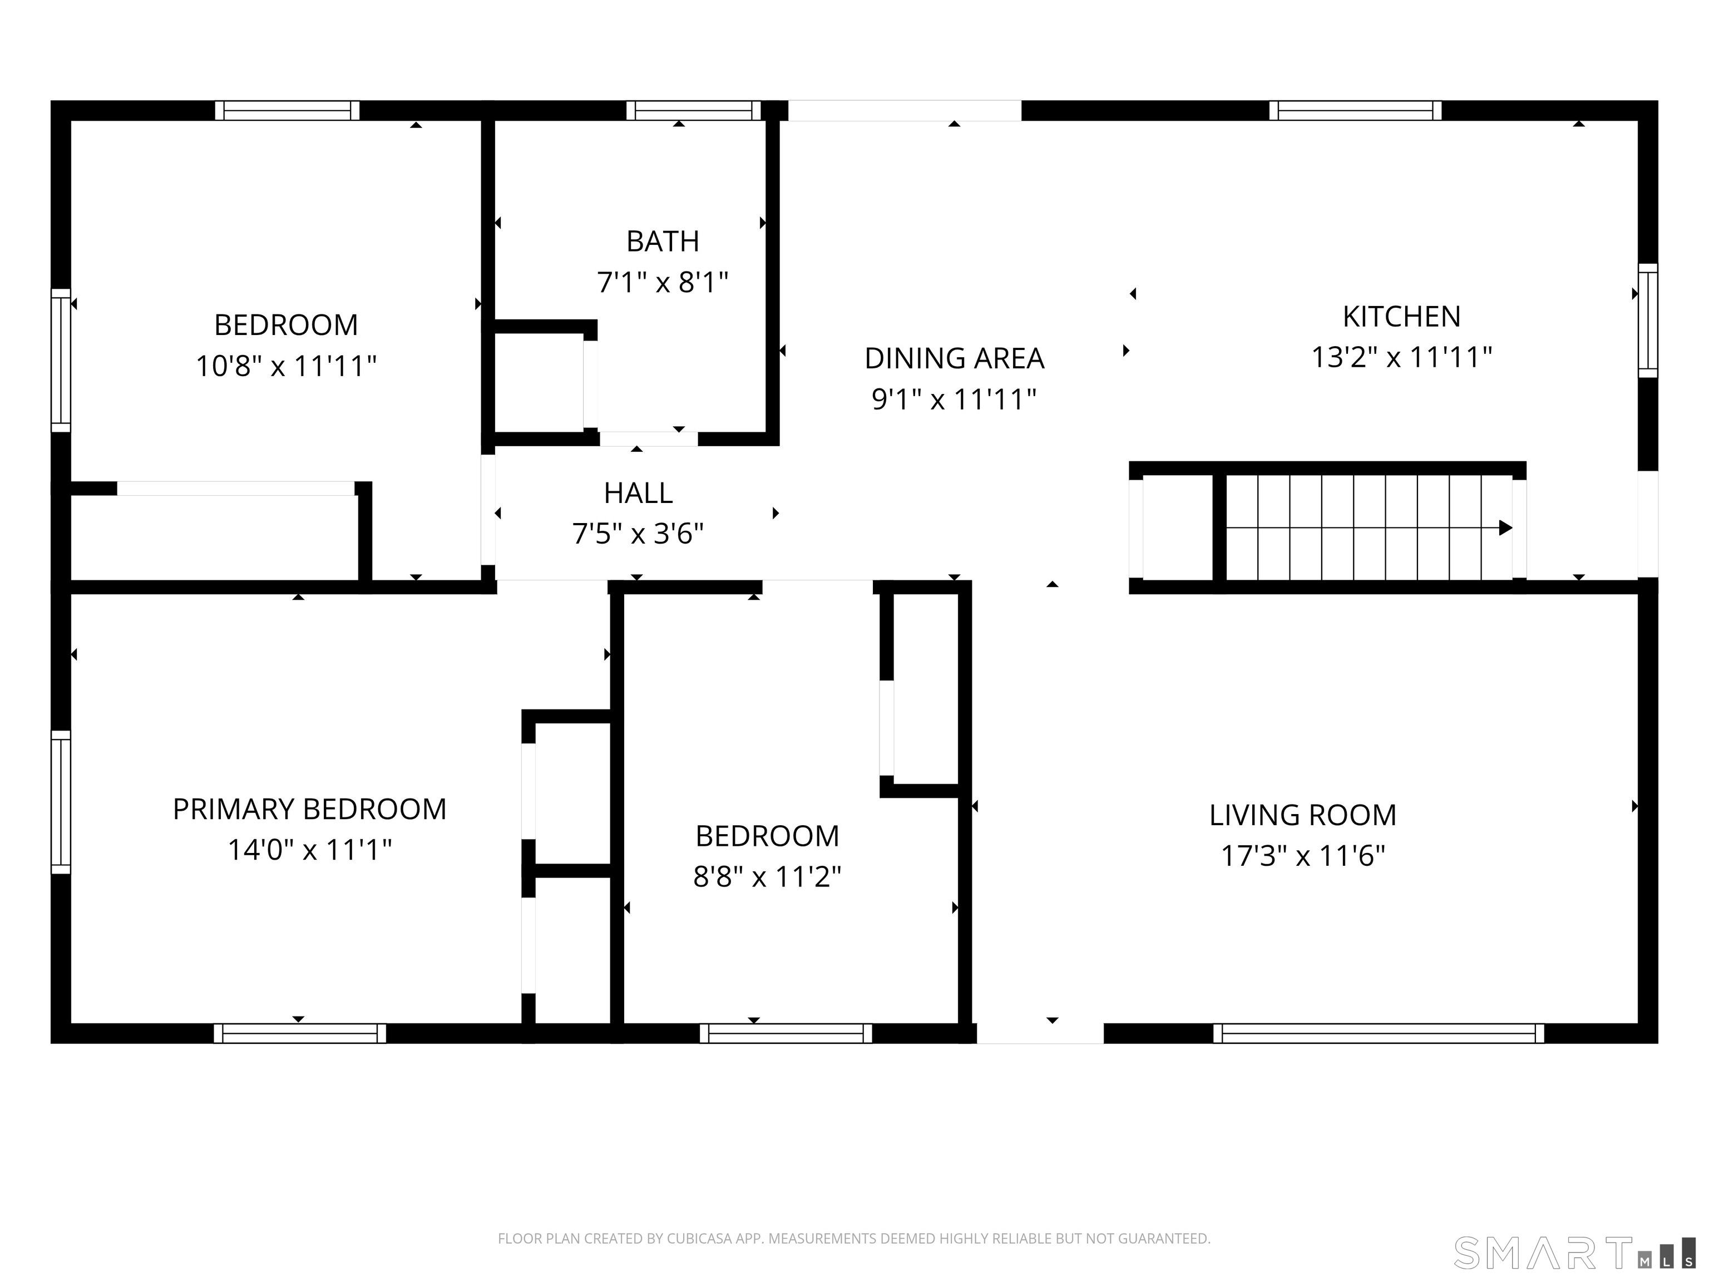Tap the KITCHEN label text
click(1401, 317)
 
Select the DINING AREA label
click(954, 358)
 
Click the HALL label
click(638, 493)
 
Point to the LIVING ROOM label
click(1302, 815)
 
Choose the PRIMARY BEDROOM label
click(309, 809)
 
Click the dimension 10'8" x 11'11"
click(286, 366)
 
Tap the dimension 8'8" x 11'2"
click(767, 876)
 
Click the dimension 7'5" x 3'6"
click(638, 533)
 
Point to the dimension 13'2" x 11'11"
click(1401, 357)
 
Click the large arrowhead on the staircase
click(1505, 528)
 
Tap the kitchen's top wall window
click(1355, 111)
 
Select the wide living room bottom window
click(1379, 1033)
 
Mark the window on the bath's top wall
click(693, 111)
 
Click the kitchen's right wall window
click(1648, 320)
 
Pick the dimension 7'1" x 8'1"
click(662, 282)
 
